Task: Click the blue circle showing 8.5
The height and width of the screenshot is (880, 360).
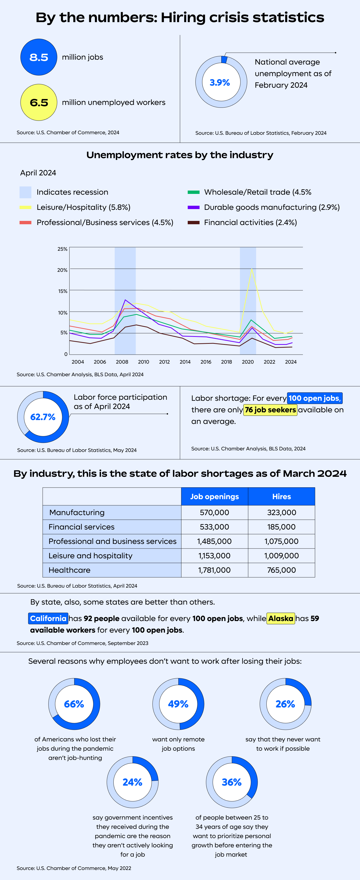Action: point(39,57)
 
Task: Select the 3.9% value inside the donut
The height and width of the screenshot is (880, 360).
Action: point(220,82)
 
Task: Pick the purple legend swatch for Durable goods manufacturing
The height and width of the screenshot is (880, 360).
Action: point(193,207)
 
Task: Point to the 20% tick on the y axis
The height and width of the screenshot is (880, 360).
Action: point(62,270)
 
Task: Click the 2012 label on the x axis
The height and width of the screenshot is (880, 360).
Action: point(164,362)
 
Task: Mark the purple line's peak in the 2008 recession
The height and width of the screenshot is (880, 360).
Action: point(125,300)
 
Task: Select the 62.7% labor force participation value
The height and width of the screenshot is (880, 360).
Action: point(43,417)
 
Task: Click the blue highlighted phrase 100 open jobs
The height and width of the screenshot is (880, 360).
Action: point(314,398)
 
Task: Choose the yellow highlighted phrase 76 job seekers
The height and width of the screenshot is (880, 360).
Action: point(270,410)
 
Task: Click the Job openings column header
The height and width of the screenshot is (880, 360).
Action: point(214,496)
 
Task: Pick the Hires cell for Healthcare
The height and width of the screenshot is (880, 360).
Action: point(281,570)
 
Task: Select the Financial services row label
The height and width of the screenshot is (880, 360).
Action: point(81,527)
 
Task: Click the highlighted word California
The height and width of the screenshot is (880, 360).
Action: point(48,618)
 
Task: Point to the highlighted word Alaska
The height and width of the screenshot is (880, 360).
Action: point(281,618)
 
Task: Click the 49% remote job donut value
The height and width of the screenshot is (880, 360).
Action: point(178,704)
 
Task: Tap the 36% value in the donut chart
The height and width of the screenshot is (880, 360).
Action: point(232,782)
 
